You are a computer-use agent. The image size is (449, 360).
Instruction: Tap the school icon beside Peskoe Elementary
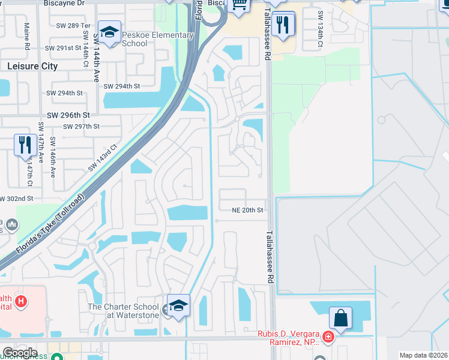(109, 33)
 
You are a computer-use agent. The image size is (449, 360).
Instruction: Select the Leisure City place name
(33, 66)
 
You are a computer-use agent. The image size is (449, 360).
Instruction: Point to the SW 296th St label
(68, 115)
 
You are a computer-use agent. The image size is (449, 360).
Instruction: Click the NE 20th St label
(248, 211)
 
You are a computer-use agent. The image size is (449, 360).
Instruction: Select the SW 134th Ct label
(321, 30)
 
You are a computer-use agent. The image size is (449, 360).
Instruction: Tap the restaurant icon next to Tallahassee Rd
(282, 25)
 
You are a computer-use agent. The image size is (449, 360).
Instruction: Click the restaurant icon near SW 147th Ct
(25, 145)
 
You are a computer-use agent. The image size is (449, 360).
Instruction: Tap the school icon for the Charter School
(178, 306)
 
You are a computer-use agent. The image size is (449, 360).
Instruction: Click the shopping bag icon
(340, 318)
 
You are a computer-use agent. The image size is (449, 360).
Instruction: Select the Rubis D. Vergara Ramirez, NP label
(290, 338)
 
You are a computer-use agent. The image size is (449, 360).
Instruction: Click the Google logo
(20, 353)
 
